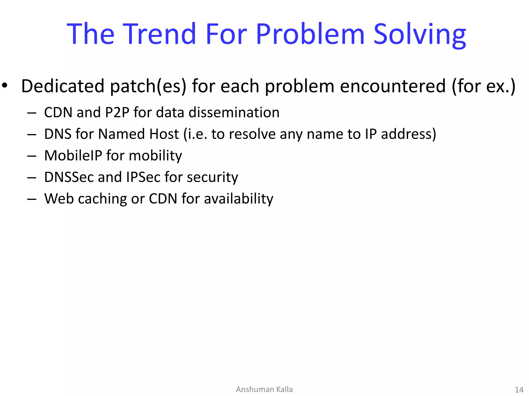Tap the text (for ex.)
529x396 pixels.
[483, 86]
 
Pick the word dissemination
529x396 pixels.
[234, 112]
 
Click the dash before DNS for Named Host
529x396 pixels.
[32, 135]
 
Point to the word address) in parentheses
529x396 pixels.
[408, 134]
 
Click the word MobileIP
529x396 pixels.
[73, 155]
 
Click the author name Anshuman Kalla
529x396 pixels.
[264, 389]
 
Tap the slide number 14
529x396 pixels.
[519, 390]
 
